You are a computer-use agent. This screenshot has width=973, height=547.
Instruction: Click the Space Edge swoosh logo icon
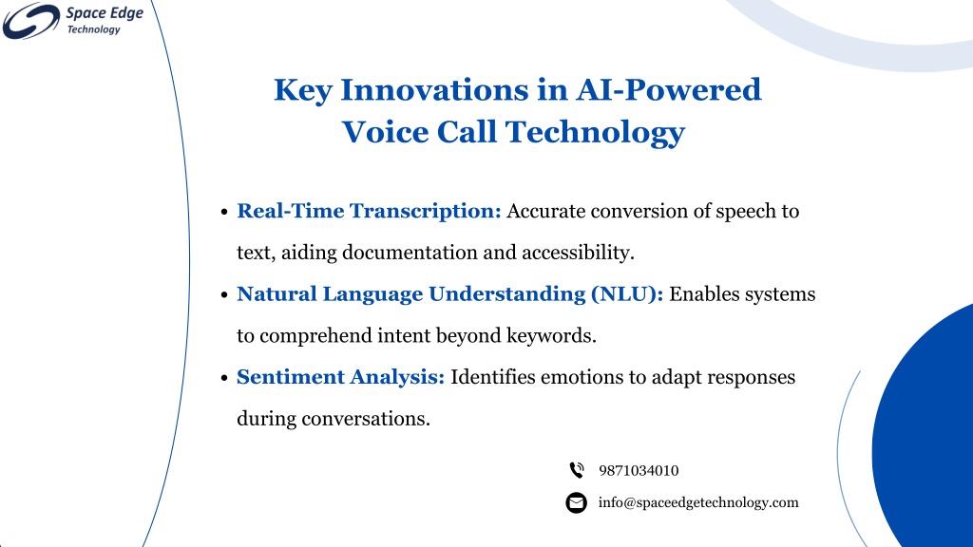31,21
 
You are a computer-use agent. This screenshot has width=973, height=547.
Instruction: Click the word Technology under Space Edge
94,29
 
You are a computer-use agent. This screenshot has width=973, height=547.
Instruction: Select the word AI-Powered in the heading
668,89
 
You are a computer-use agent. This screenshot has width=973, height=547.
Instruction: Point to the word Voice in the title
385,131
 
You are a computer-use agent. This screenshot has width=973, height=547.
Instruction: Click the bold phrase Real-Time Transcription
369,211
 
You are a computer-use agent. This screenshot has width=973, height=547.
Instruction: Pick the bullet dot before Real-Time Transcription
224,212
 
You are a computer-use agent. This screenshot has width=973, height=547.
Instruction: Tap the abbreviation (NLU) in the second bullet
627,294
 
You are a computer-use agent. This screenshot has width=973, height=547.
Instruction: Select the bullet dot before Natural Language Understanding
224,295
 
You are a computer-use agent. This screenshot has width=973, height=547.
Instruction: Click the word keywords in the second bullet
551,335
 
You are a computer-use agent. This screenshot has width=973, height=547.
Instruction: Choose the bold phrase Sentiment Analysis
341,377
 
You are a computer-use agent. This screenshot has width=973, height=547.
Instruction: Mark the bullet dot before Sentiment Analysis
224,378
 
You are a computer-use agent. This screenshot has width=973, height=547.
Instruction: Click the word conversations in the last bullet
366,419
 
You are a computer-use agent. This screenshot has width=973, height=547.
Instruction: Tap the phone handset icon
577,470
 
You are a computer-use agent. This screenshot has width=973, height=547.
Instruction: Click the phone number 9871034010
639,471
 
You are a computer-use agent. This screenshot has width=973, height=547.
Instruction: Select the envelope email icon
577,502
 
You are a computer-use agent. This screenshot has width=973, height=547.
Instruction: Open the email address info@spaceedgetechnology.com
698,503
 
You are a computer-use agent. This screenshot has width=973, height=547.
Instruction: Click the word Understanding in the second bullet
507,294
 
